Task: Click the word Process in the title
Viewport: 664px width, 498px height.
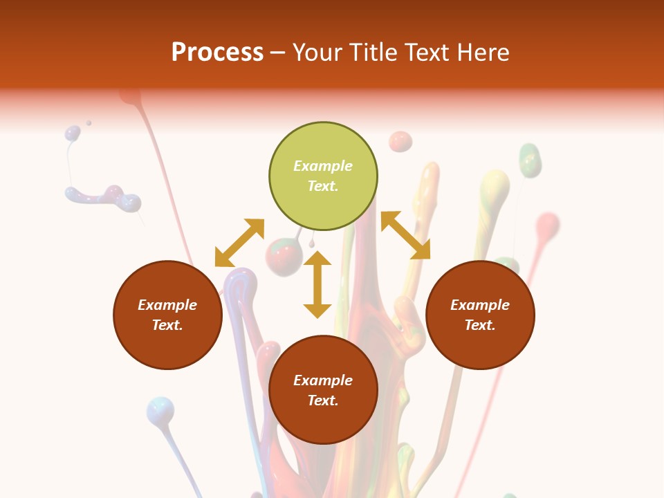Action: coord(217,52)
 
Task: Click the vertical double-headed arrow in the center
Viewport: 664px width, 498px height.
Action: coord(317,284)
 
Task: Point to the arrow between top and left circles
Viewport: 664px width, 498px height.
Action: coord(239,243)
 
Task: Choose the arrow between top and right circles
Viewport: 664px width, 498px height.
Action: coord(406,235)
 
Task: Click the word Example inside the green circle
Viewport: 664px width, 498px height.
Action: coord(323,166)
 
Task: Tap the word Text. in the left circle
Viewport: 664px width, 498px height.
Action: coord(167,325)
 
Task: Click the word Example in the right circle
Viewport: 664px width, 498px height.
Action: coord(480,305)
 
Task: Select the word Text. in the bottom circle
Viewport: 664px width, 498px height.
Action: coord(323,400)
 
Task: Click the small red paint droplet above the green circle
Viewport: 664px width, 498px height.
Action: coord(400,142)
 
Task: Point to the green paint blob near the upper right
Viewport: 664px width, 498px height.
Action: coord(531,160)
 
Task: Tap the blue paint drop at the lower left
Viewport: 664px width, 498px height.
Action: coord(160,411)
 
